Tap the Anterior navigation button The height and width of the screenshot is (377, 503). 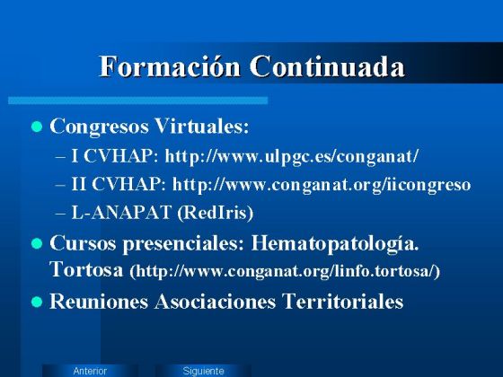pyautogui.click(x=90, y=371)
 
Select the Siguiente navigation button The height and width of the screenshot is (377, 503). pyautogui.click(x=203, y=371)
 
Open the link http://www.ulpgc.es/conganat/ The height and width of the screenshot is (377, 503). pyautogui.click(x=292, y=156)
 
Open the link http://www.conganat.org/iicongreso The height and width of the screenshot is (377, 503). pyautogui.click(x=322, y=185)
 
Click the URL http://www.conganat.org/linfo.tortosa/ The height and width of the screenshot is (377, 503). pyautogui.click(x=285, y=270)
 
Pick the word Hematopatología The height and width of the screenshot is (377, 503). pyautogui.click(x=336, y=243)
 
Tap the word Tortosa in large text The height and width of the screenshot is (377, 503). pyautogui.click(x=86, y=268)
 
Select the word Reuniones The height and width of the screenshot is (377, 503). pyautogui.click(x=99, y=302)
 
